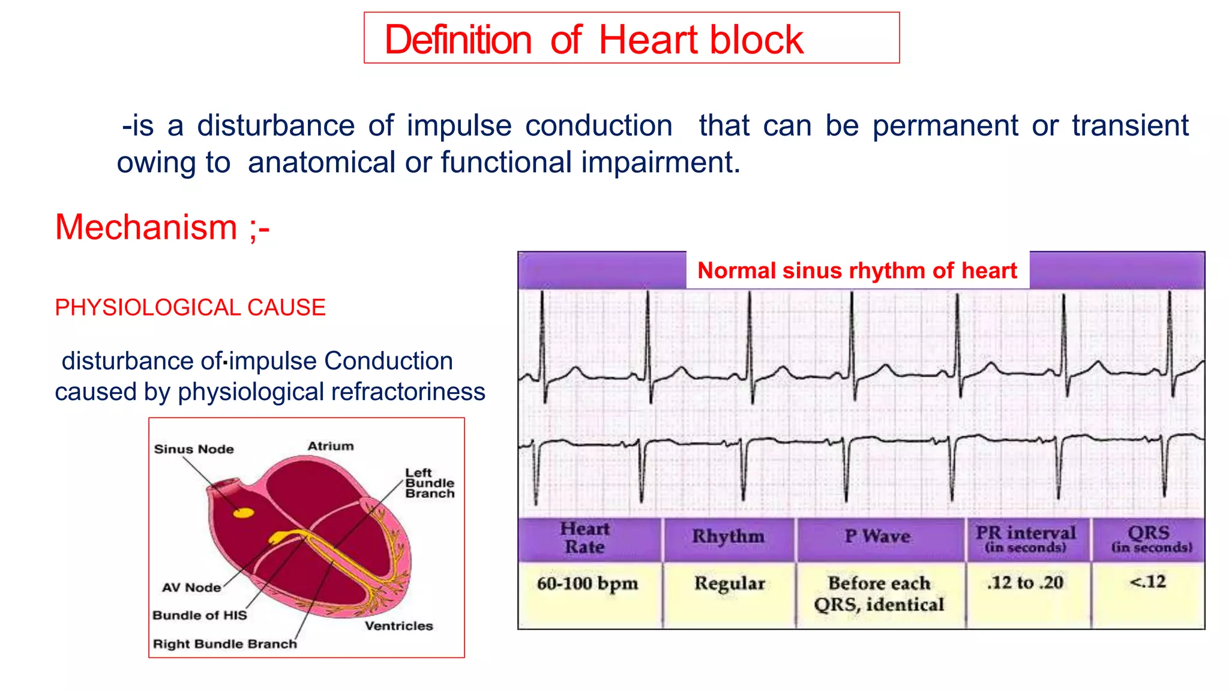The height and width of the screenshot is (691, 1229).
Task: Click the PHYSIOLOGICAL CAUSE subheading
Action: point(190,308)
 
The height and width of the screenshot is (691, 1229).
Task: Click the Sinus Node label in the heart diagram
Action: point(194,449)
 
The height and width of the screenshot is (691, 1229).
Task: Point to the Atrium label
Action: point(331,446)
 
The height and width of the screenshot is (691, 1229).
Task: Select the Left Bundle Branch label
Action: point(429,483)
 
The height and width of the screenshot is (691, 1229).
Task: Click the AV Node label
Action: point(191,588)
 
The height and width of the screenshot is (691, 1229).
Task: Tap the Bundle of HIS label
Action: point(199,615)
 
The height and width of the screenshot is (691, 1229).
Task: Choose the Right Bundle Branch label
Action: point(224,644)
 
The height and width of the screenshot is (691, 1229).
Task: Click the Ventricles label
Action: point(398,626)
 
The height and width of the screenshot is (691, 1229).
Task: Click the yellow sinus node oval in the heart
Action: point(244,513)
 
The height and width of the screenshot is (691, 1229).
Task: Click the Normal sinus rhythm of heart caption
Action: point(857,271)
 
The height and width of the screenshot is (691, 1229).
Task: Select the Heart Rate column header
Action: point(584,538)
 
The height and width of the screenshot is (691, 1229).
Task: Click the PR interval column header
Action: point(1025,538)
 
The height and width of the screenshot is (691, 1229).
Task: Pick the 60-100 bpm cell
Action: point(587,584)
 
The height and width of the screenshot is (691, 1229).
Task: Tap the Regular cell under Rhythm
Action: point(729,584)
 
